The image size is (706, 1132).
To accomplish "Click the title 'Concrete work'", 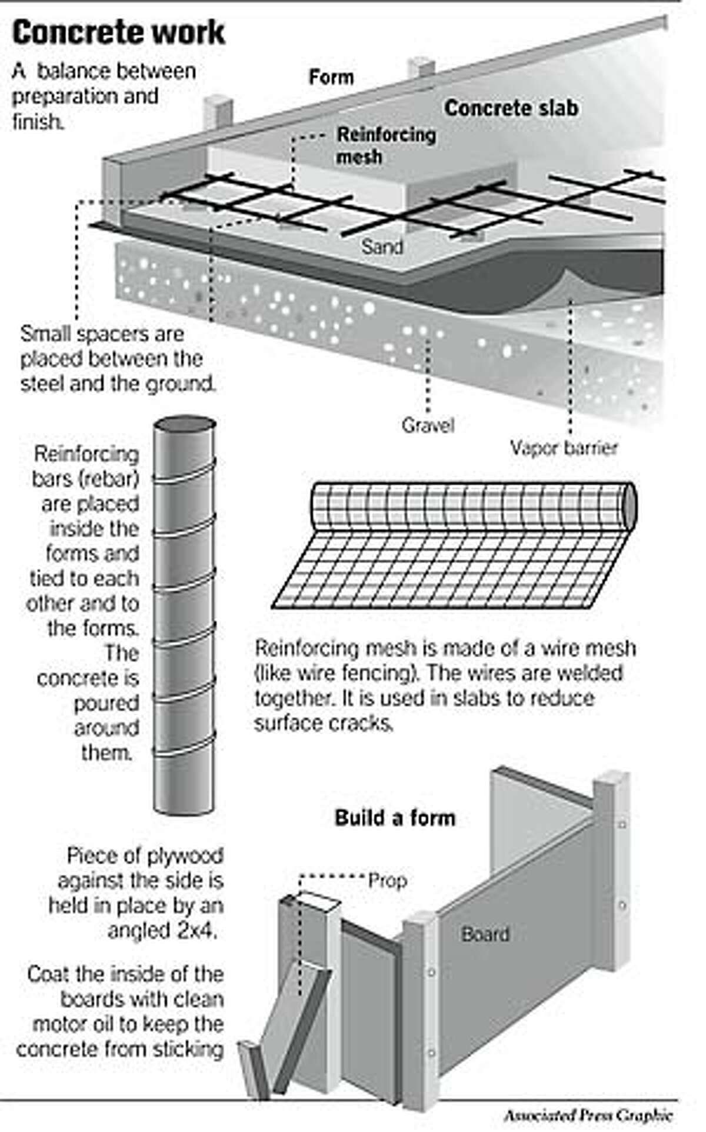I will pos(118,33).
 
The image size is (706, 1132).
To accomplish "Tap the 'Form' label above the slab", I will pos(331,77).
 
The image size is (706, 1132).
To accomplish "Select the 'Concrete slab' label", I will pos(511,108).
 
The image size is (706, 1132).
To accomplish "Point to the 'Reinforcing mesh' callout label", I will pos(385,145).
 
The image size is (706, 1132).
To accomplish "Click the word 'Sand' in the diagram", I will pos(382,246).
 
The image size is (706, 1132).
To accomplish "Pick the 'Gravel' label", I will pos(428,424).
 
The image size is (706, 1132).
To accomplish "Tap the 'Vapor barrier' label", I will pos(564,448).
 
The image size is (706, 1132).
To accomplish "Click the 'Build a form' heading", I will pos(395,817).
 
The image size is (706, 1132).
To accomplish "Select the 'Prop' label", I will pos(388,881).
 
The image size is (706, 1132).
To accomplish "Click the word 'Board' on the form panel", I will pos(485,934).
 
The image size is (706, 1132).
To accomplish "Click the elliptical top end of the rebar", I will pos(185,425).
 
